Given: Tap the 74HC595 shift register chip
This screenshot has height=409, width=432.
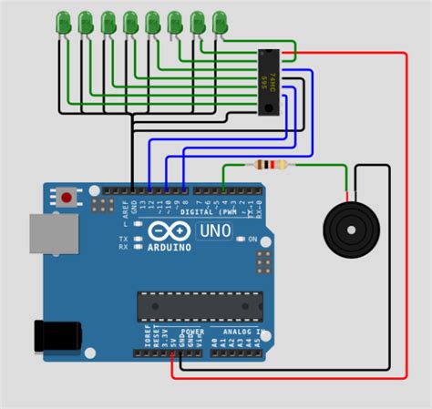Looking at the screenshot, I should (x=270, y=82).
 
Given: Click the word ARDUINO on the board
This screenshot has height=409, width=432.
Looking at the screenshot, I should (x=170, y=247).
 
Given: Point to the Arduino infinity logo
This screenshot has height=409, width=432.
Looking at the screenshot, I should (x=170, y=231).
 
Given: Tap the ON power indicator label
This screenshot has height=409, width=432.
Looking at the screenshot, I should (x=251, y=239).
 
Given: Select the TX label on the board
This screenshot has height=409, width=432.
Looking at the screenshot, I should (x=123, y=239).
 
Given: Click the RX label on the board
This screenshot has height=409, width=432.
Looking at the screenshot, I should (x=123, y=248).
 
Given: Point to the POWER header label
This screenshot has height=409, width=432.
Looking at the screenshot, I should (x=192, y=332).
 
